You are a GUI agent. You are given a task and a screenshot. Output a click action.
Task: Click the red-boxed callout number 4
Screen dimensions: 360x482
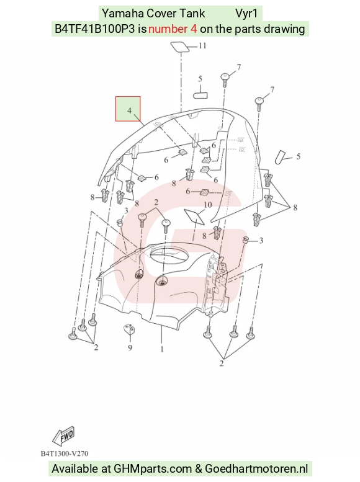130,110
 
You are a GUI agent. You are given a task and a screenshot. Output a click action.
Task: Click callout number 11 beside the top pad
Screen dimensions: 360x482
202,46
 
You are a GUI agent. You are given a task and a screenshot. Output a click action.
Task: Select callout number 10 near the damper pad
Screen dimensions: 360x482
208,205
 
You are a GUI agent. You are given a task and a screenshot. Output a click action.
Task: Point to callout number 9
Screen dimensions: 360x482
130,347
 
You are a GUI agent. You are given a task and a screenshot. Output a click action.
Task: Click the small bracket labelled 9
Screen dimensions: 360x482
129,329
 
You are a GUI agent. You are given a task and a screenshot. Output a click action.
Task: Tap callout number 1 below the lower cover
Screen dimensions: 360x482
162,349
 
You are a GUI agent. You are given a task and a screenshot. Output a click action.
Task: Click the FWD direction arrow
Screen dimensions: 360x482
63,436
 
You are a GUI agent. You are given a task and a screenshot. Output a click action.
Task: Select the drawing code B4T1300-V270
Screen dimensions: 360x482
65,453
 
